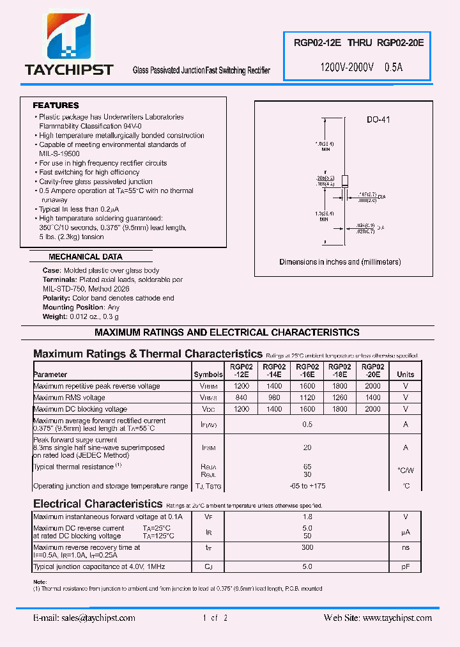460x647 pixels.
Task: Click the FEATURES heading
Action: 56,105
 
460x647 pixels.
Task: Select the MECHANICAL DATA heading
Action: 85,257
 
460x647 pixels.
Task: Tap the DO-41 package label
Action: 378,120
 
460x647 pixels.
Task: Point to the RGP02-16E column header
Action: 306,370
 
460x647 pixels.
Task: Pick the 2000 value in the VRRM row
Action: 372,386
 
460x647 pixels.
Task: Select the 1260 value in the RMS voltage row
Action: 339,398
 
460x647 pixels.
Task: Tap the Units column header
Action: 405,374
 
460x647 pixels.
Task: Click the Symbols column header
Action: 208,374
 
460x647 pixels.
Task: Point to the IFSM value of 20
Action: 307,448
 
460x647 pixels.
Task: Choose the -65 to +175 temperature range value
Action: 307,487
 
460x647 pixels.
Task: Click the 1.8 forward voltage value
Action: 307,517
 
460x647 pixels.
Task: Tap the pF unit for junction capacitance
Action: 405,566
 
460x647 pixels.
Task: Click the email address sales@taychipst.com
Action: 84,618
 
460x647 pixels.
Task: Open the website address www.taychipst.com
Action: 378,618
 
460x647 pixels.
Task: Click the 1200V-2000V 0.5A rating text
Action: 361,67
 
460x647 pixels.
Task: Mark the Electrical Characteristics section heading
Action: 98,504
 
